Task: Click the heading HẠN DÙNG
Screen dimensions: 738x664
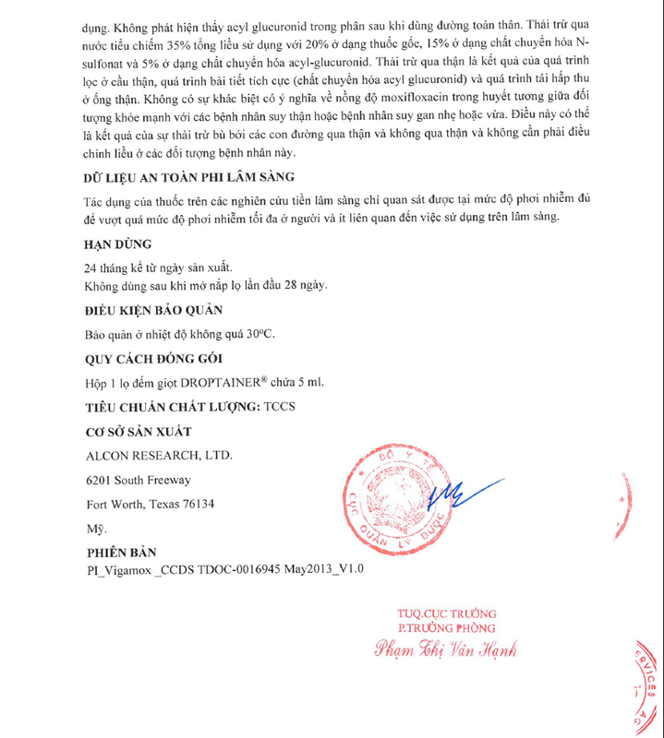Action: (x=117, y=245)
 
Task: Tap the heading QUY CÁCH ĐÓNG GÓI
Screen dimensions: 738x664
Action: (x=152, y=359)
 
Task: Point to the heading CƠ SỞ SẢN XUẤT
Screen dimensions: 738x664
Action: (x=139, y=431)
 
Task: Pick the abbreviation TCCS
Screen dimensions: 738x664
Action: (x=283, y=407)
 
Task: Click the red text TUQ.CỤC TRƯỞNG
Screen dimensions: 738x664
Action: (x=446, y=613)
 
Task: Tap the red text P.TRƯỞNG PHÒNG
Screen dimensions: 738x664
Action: (x=446, y=629)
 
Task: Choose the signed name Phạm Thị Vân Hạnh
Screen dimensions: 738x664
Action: (x=446, y=649)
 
